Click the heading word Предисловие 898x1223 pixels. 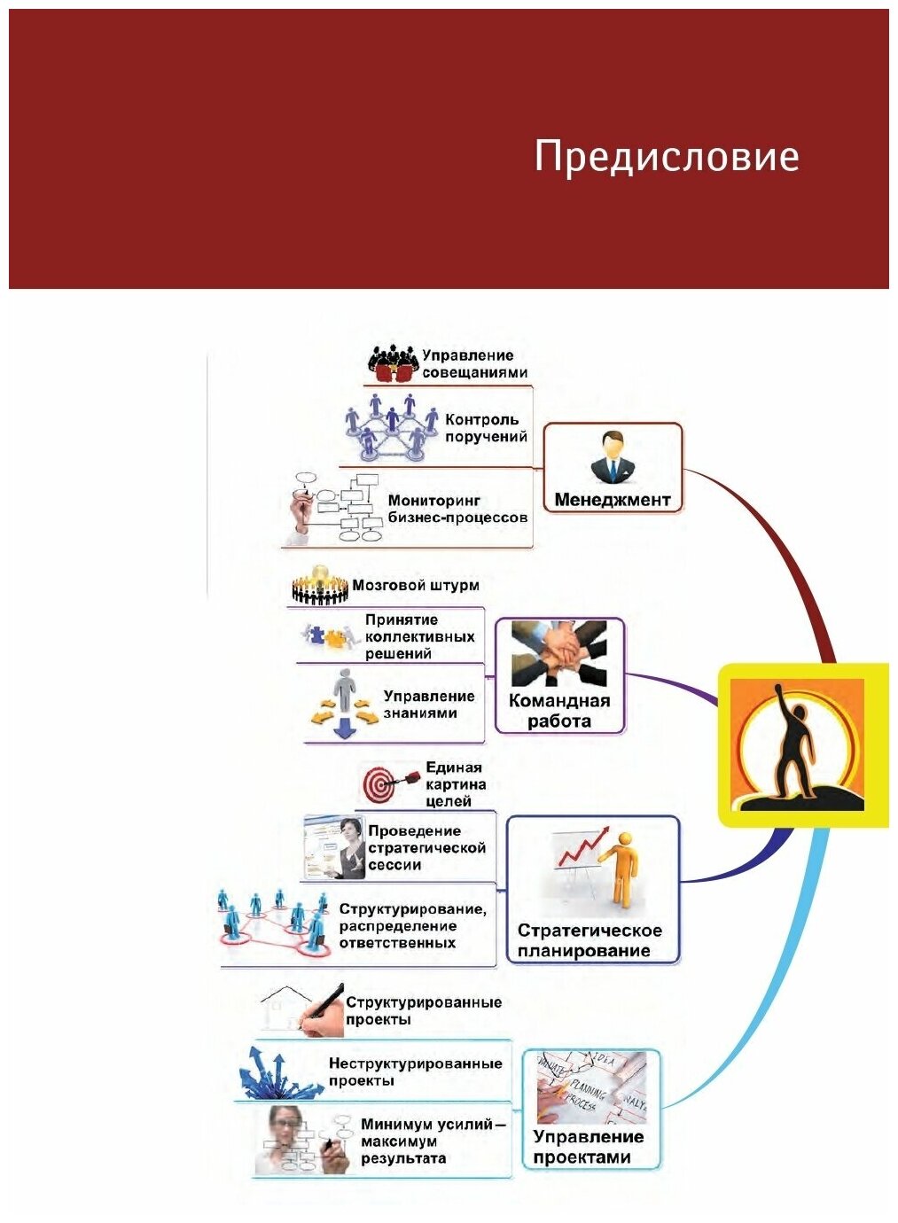point(666,158)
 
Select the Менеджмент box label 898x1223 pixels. point(612,500)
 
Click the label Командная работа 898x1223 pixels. point(558,711)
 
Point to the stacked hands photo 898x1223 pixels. point(558,654)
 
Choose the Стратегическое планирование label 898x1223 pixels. point(590,940)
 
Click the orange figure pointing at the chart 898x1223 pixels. point(620,869)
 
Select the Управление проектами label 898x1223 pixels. point(588,1147)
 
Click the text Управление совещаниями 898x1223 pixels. point(474,364)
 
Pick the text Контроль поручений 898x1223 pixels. point(486,428)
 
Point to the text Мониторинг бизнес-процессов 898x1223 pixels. point(457,509)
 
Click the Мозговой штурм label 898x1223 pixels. point(416,585)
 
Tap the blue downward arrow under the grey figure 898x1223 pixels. point(342,729)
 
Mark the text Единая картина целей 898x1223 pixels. point(455,784)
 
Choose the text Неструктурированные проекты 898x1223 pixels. point(415,1071)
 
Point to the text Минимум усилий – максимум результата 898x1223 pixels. point(433,1141)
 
